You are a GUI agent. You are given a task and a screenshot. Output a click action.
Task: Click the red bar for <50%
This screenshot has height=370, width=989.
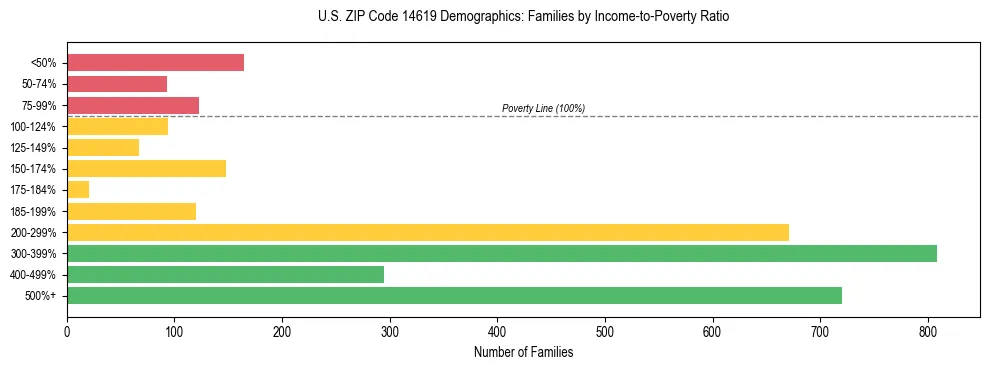[x=155, y=63]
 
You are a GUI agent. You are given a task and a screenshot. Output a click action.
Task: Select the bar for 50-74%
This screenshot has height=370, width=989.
[x=117, y=84]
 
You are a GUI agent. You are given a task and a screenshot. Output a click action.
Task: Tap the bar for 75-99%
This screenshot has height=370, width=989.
[x=133, y=105]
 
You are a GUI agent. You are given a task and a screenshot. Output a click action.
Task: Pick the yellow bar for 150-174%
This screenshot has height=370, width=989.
[x=146, y=168]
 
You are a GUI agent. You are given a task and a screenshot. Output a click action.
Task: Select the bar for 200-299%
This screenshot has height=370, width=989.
[x=428, y=232]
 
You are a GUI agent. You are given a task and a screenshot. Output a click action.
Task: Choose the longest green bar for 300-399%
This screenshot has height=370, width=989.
[x=502, y=253]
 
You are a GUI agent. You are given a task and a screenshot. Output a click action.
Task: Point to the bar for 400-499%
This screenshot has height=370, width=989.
[x=225, y=274]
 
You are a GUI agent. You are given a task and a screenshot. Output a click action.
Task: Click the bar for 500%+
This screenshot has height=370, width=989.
[x=454, y=295]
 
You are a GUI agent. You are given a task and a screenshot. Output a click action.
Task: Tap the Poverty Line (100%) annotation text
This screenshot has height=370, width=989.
[x=543, y=108]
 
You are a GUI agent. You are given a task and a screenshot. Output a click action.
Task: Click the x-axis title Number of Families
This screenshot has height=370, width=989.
[x=523, y=352]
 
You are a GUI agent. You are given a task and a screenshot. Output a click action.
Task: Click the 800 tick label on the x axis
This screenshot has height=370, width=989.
[x=928, y=331]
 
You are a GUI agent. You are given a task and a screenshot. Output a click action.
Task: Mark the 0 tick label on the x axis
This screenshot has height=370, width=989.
[x=67, y=331]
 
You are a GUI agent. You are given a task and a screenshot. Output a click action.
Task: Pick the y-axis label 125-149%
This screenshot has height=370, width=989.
[x=33, y=148]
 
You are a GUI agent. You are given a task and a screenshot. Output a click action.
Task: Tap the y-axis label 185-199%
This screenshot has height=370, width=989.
[x=33, y=211]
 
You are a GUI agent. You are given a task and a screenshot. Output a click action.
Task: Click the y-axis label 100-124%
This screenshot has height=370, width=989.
[x=33, y=127]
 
